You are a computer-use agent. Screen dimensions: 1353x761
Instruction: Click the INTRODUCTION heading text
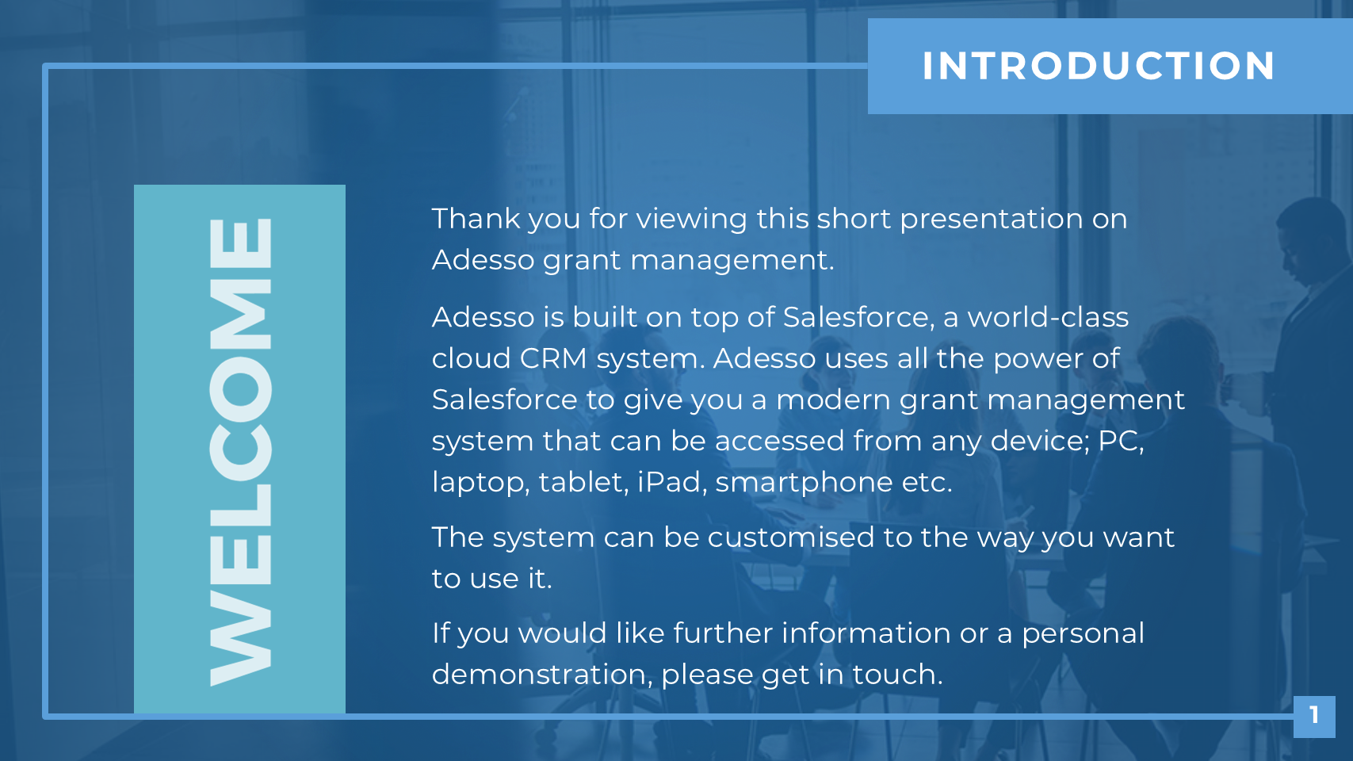[x=1098, y=65]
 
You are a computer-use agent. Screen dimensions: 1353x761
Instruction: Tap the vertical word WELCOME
[x=240, y=452]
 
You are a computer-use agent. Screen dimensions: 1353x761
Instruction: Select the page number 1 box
[x=1313, y=717]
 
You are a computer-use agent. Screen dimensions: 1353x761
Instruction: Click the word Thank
[x=476, y=218]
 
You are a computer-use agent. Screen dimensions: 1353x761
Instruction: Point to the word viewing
[x=692, y=220]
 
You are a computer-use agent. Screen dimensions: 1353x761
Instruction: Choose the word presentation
[x=992, y=220]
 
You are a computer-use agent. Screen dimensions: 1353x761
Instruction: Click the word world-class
[x=1048, y=317]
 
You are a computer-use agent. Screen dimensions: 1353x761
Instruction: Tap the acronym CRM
[x=553, y=359]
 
